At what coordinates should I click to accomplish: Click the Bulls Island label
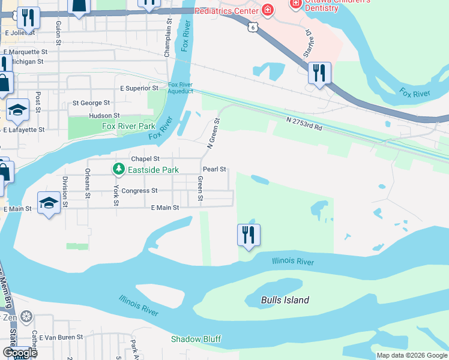(285, 300)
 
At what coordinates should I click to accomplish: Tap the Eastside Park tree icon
(119, 170)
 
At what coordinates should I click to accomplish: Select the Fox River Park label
(128, 126)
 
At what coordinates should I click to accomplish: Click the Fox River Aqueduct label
(181, 88)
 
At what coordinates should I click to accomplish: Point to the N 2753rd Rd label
(304, 124)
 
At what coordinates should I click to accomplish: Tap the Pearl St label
(214, 170)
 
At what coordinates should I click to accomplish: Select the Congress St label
(139, 191)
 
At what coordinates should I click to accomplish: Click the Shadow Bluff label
(196, 339)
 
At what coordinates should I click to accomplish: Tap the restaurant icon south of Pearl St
(249, 234)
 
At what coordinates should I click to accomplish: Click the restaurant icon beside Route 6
(319, 73)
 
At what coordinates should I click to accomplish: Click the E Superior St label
(139, 88)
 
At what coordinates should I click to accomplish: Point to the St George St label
(91, 103)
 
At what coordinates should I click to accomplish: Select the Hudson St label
(104, 115)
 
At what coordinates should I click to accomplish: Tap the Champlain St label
(168, 40)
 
